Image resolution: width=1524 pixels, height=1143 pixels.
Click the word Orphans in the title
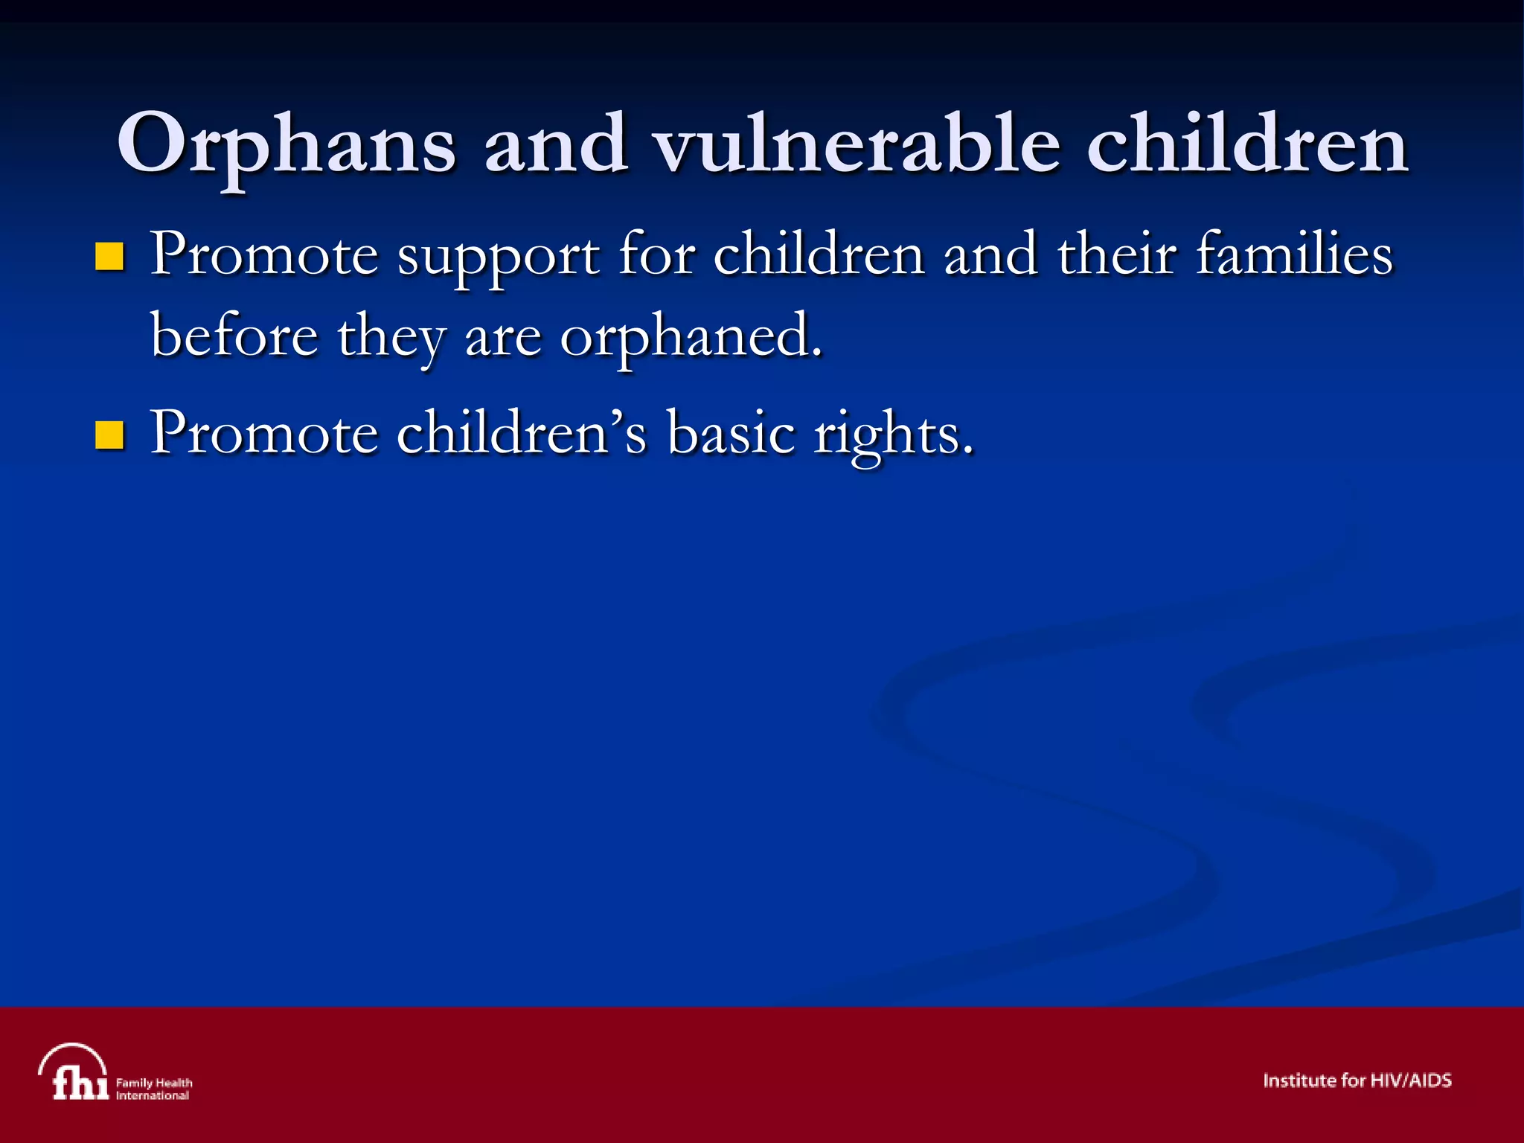click(x=286, y=145)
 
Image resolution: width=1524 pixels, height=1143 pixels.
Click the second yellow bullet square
click(x=109, y=435)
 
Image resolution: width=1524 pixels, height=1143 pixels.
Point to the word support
click(x=498, y=257)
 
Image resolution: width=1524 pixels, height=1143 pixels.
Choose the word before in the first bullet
click(x=234, y=335)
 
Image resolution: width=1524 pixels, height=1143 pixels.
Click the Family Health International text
click(x=154, y=1089)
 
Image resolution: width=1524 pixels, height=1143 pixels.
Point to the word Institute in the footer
click(x=1299, y=1080)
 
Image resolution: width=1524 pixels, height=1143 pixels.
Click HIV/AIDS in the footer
click(x=1410, y=1080)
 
